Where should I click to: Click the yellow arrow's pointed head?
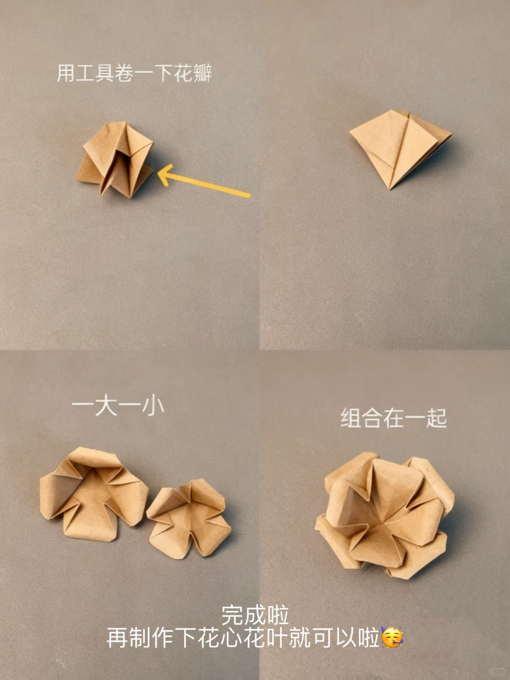161,176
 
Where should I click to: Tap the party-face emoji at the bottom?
391,638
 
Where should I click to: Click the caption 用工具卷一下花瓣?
135,74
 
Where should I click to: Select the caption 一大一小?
118,406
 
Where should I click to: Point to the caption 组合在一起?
393,418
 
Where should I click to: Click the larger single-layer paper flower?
92,493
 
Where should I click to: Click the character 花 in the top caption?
182,74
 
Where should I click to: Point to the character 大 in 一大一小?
106,406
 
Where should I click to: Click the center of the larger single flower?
94,491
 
